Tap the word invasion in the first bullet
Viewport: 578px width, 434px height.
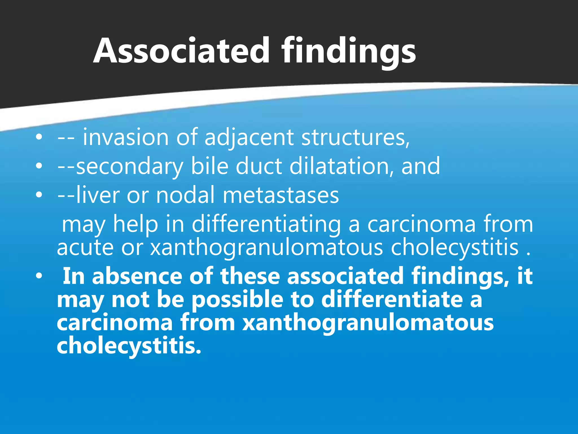click(126, 138)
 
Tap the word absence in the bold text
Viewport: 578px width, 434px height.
click(137, 276)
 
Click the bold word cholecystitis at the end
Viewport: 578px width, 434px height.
click(129, 346)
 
